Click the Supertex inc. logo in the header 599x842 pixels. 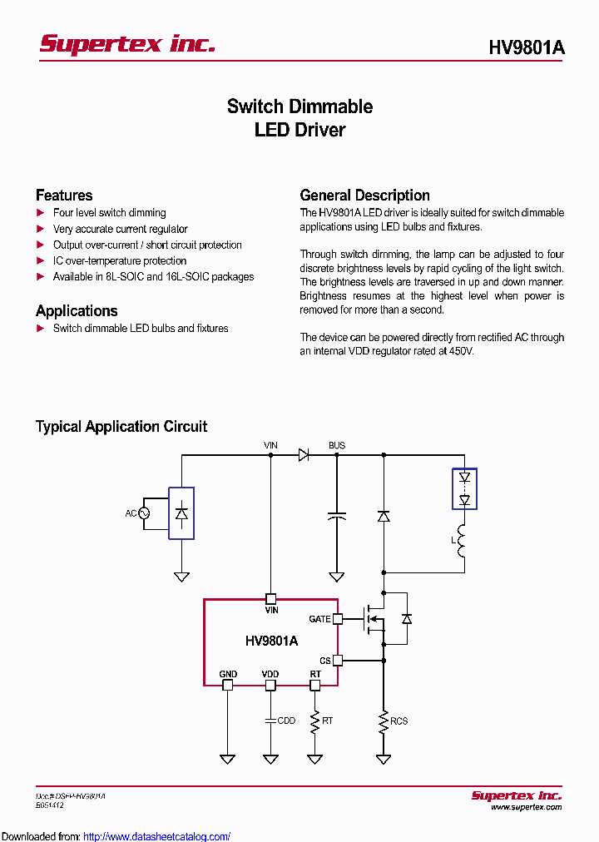pyautogui.click(x=127, y=44)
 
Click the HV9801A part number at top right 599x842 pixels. pyautogui.click(x=526, y=48)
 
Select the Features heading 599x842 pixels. pyautogui.click(x=64, y=196)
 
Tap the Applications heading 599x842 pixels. pyautogui.click(x=77, y=311)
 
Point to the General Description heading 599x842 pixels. pyautogui.click(x=364, y=196)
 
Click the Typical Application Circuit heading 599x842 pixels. pyautogui.click(x=121, y=427)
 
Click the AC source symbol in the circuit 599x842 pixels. pyautogui.click(x=143, y=513)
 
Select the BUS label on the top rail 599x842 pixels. pyautogui.click(x=336, y=446)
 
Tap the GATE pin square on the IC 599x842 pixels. pyautogui.click(x=338, y=619)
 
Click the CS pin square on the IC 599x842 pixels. pyautogui.click(x=338, y=661)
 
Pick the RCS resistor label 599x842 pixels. pyautogui.click(x=399, y=721)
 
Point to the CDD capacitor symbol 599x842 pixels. pyautogui.click(x=270, y=721)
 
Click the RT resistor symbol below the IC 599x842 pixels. pyautogui.click(x=314, y=721)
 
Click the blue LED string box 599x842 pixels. pyautogui.click(x=464, y=489)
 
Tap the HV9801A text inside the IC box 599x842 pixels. pyautogui.click(x=271, y=641)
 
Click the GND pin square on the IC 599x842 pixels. pyautogui.click(x=227, y=686)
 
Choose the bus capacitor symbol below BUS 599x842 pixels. pyautogui.click(x=336, y=517)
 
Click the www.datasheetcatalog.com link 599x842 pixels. pyautogui.click(x=157, y=836)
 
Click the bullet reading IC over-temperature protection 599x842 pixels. pyautogui.click(x=120, y=261)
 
